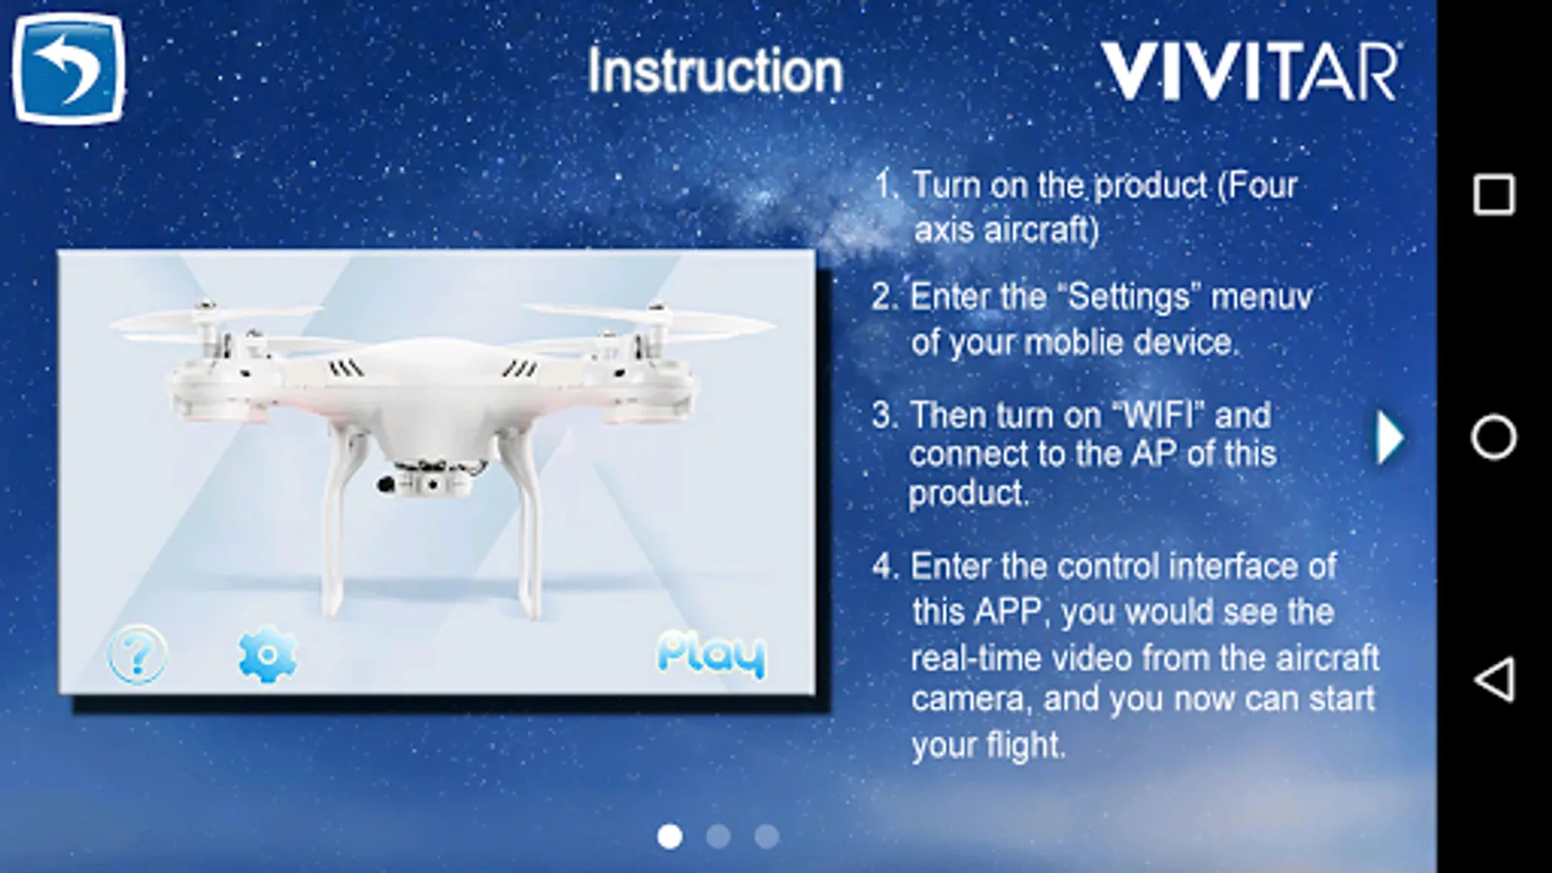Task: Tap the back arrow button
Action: point(69,68)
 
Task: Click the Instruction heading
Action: point(715,71)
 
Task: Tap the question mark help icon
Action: point(137,654)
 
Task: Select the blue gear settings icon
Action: point(268,654)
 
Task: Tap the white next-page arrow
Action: point(1389,437)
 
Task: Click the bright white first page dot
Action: point(669,836)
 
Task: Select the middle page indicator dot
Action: point(719,836)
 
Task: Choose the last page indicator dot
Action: point(767,836)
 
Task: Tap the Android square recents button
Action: point(1494,195)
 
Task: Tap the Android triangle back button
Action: point(1494,679)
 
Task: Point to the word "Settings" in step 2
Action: point(1129,297)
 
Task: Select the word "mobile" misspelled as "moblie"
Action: point(1073,342)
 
